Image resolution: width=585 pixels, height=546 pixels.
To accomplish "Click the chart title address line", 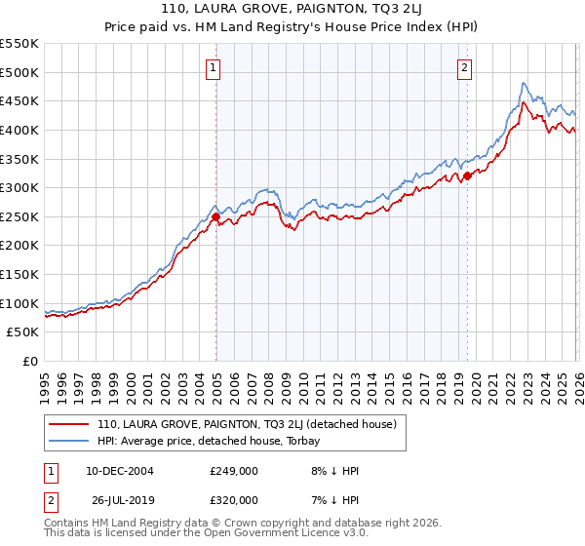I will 292,9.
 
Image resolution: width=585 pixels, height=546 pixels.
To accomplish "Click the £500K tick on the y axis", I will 19,72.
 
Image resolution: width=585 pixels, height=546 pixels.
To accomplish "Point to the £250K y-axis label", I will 19,216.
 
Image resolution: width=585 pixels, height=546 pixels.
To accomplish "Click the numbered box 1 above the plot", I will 212,67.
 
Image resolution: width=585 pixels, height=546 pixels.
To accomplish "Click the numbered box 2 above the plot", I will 464,67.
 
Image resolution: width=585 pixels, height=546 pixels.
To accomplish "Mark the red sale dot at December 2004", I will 215,217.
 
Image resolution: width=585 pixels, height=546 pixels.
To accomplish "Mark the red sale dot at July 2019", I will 467,176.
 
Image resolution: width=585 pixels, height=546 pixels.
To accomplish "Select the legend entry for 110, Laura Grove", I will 246,424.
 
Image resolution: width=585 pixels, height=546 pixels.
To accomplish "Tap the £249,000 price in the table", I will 234,471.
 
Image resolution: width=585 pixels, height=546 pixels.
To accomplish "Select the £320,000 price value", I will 234,500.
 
